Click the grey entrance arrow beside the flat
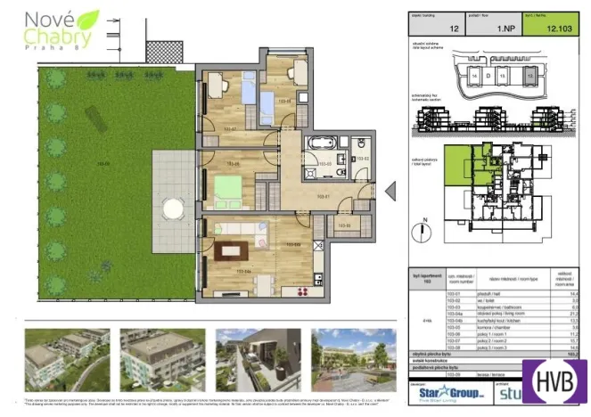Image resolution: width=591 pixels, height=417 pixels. pyautogui.click(x=389, y=192)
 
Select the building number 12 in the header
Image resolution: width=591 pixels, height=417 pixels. pyautogui.click(x=455, y=29)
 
